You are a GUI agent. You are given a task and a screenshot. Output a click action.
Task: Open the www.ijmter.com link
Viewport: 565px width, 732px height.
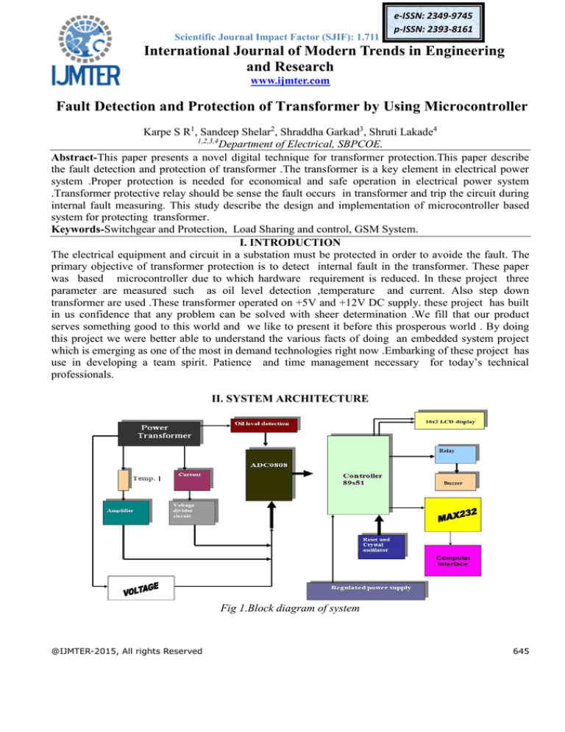(x=290, y=81)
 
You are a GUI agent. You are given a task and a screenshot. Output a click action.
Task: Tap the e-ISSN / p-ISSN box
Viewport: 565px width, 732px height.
(x=433, y=22)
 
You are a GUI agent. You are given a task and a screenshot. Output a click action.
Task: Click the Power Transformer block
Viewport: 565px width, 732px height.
(x=159, y=433)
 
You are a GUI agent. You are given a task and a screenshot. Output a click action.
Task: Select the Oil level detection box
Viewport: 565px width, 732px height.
(x=263, y=425)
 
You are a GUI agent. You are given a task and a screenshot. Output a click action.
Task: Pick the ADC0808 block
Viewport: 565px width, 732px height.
(x=269, y=475)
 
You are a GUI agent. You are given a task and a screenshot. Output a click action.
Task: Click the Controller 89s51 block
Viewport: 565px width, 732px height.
(x=358, y=475)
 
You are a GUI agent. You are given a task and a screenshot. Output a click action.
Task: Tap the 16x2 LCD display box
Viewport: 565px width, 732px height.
(x=449, y=421)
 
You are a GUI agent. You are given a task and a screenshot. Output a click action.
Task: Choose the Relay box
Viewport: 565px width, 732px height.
(x=455, y=454)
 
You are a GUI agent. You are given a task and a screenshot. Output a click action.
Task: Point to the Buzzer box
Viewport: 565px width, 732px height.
(x=455, y=482)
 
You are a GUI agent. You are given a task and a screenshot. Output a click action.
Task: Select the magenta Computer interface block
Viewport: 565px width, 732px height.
(x=452, y=560)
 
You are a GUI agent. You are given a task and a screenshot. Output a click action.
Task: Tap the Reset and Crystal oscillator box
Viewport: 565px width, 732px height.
(x=381, y=546)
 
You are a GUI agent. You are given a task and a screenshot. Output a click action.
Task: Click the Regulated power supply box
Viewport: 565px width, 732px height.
(x=366, y=591)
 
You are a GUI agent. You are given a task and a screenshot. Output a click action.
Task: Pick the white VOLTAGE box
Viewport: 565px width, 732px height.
(x=141, y=588)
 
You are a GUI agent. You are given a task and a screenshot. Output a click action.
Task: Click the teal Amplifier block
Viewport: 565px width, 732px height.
(x=126, y=513)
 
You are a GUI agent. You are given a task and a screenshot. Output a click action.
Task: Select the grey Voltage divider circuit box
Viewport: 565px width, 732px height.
(x=192, y=513)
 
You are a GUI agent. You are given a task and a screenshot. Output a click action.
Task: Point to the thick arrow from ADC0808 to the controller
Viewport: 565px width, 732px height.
(x=303, y=474)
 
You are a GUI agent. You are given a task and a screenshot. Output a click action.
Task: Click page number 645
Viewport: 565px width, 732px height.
(x=521, y=651)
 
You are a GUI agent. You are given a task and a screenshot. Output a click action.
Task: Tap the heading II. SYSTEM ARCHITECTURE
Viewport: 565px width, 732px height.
(x=290, y=398)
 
